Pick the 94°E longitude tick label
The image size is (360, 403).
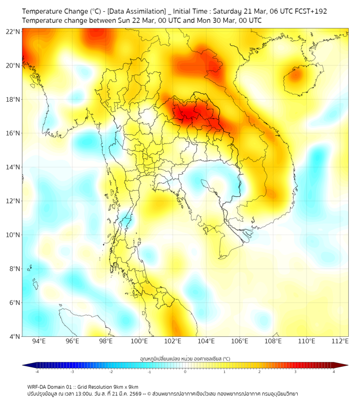point(38,341)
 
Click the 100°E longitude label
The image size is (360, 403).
point(139,341)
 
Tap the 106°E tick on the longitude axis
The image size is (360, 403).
point(240,341)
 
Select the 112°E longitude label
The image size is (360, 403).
point(340,341)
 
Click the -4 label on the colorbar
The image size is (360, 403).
point(37,372)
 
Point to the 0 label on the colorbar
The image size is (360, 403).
point(185,372)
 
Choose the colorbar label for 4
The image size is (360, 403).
point(334,372)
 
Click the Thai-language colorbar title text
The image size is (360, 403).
point(185,358)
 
